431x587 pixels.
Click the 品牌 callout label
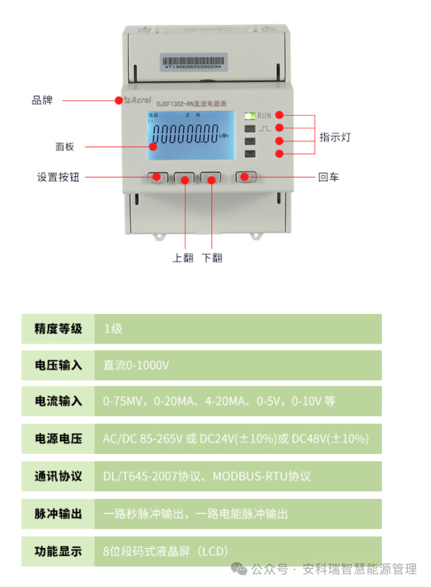42,101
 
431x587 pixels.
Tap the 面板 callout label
65,147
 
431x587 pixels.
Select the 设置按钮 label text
58,178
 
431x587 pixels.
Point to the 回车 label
329,178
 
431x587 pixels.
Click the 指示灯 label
335,137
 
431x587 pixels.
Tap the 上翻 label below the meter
183,258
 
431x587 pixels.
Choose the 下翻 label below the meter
212,258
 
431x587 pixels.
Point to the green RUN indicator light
249,116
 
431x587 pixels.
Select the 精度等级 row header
59,329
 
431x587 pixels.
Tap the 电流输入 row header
59,401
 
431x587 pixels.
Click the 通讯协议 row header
59,476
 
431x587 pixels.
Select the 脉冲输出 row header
59,514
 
